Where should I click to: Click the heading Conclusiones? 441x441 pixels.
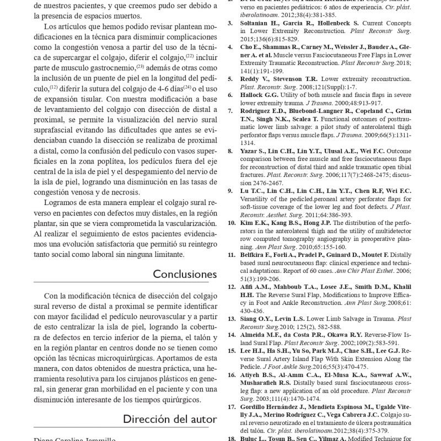click(185, 274)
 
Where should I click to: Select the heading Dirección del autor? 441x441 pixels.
click(170, 418)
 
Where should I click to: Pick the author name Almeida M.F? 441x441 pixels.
click(263, 335)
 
